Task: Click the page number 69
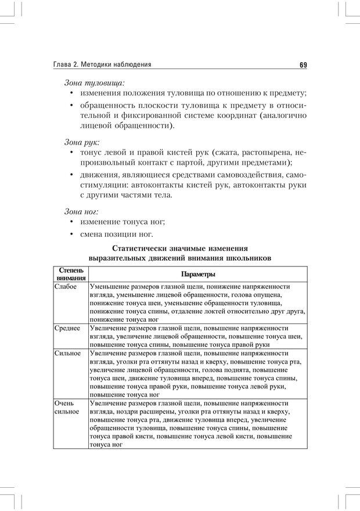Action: click(303, 64)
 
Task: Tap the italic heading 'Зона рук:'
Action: click(81, 141)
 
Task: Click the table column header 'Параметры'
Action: click(198, 274)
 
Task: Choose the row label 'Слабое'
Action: click(65, 287)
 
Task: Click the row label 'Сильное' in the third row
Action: click(67, 353)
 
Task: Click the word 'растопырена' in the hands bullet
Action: click(264, 152)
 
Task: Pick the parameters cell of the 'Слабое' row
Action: click(197, 303)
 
